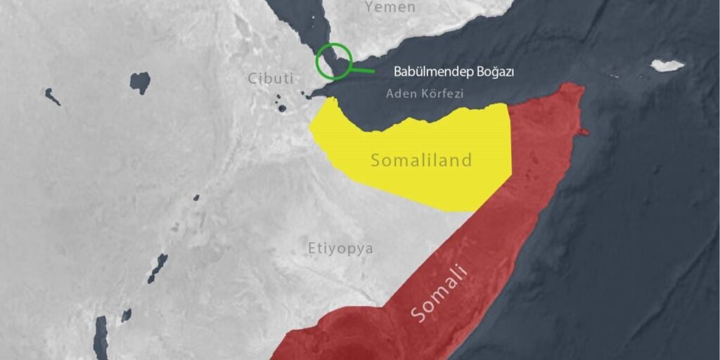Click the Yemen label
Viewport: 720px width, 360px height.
coord(390,8)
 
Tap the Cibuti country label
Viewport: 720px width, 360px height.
coord(270,78)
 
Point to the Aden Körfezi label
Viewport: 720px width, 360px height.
coord(424,93)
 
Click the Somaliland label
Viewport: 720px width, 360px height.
coord(421,160)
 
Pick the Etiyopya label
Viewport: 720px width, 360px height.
coord(340,248)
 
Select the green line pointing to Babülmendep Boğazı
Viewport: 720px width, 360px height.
coord(362,70)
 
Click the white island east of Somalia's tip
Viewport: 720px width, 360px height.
coord(667,65)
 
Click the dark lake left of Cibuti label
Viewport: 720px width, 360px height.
coord(140,82)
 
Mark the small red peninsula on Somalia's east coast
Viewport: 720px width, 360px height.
coord(583,131)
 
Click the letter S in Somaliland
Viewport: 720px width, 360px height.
coord(375,161)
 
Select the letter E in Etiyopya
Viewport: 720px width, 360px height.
coord(311,248)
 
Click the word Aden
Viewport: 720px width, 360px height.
coord(399,93)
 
